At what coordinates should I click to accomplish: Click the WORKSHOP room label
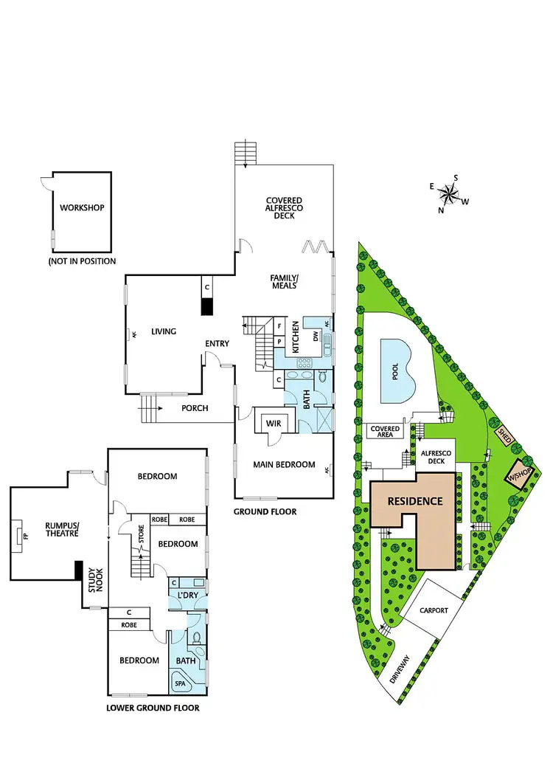pyautogui.click(x=82, y=207)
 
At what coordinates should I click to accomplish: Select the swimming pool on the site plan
pyautogui.click(x=395, y=370)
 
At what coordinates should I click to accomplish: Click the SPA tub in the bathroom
pyautogui.click(x=181, y=683)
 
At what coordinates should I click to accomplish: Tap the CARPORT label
pyautogui.click(x=434, y=611)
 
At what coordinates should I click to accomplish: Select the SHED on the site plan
pyautogui.click(x=507, y=435)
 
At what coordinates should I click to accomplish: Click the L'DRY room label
pyautogui.click(x=185, y=595)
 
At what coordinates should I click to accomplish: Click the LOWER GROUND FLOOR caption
pyautogui.click(x=153, y=708)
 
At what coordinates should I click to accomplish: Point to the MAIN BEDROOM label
pyautogui.click(x=284, y=465)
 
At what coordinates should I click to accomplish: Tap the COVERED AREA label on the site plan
pyautogui.click(x=385, y=432)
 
